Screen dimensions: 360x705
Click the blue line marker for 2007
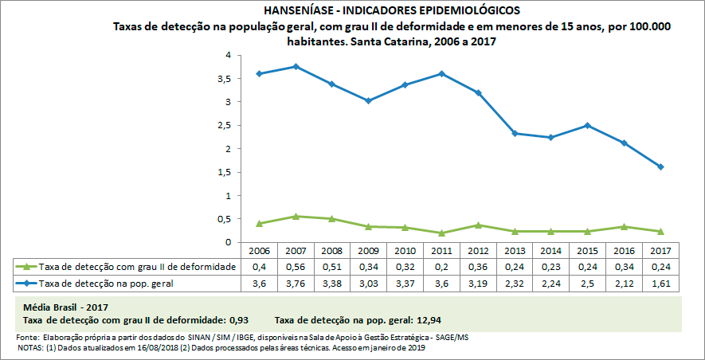coord(296,66)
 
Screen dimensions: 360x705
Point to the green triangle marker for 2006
coord(260,223)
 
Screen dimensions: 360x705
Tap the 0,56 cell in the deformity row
coord(296,267)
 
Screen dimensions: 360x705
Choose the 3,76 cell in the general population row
coord(296,283)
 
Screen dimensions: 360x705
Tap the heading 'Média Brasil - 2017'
coord(65,307)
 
